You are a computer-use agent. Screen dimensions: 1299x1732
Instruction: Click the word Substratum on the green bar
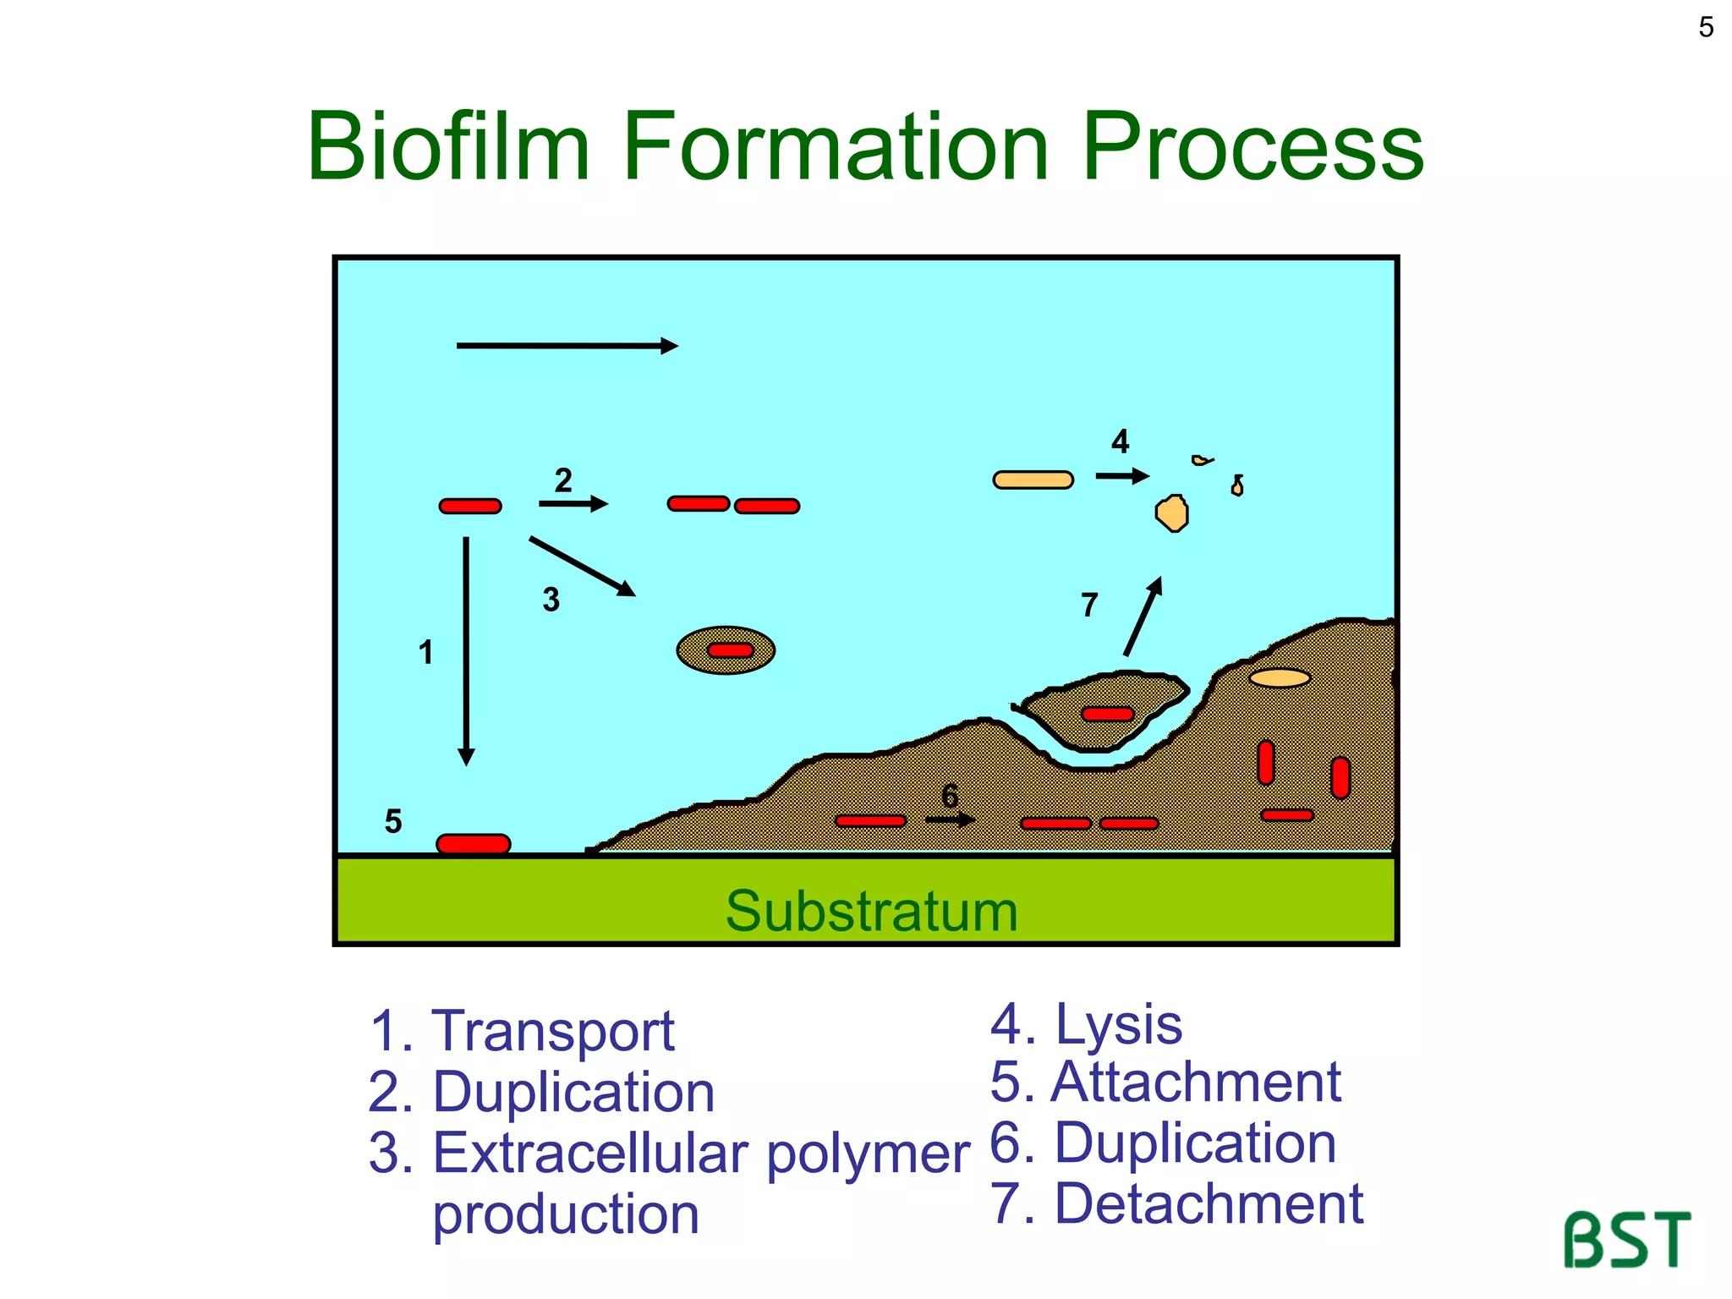(x=871, y=912)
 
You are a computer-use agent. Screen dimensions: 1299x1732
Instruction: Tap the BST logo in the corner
(x=1625, y=1239)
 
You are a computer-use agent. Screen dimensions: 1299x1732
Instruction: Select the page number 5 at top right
(x=1706, y=28)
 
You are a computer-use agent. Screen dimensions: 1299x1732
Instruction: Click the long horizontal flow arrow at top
(x=567, y=346)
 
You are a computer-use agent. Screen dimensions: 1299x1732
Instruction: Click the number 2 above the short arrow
(x=563, y=480)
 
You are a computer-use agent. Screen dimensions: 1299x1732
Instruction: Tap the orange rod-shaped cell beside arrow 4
(x=1033, y=480)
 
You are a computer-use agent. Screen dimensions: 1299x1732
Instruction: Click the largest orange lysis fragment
(x=1172, y=513)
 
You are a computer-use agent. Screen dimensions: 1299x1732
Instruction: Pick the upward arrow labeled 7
(x=1143, y=617)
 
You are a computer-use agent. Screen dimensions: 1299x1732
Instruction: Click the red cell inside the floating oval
(x=730, y=650)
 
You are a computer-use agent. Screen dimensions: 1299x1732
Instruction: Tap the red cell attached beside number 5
(x=473, y=843)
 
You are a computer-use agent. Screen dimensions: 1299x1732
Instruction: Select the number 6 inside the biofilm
(x=950, y=796)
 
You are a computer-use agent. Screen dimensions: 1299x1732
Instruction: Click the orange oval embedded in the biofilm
(x=1280, y=677)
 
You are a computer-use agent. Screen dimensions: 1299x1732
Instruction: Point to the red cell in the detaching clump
(x=1107, y=714)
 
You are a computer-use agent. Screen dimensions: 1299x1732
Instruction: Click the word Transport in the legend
(x=553, y=1031)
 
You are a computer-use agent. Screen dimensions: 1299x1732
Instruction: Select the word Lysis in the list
(x=1118, y=1024)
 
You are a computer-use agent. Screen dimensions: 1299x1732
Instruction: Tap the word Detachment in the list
(x=1209, y=1203)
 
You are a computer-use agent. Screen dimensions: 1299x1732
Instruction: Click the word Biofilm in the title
(x=448, y=147)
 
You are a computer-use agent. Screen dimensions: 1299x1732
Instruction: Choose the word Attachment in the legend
(x=1195, y=1082)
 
